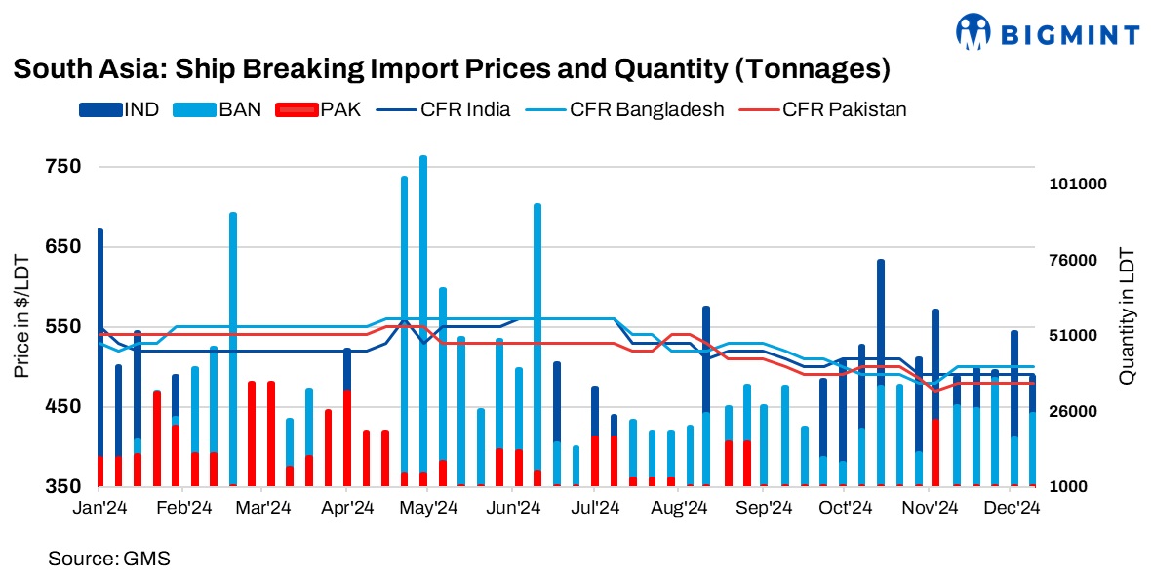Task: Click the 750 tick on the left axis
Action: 62,167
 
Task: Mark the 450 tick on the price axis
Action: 62,406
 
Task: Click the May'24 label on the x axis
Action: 430,508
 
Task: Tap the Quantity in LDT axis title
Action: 1128,314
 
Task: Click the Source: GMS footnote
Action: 108,559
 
